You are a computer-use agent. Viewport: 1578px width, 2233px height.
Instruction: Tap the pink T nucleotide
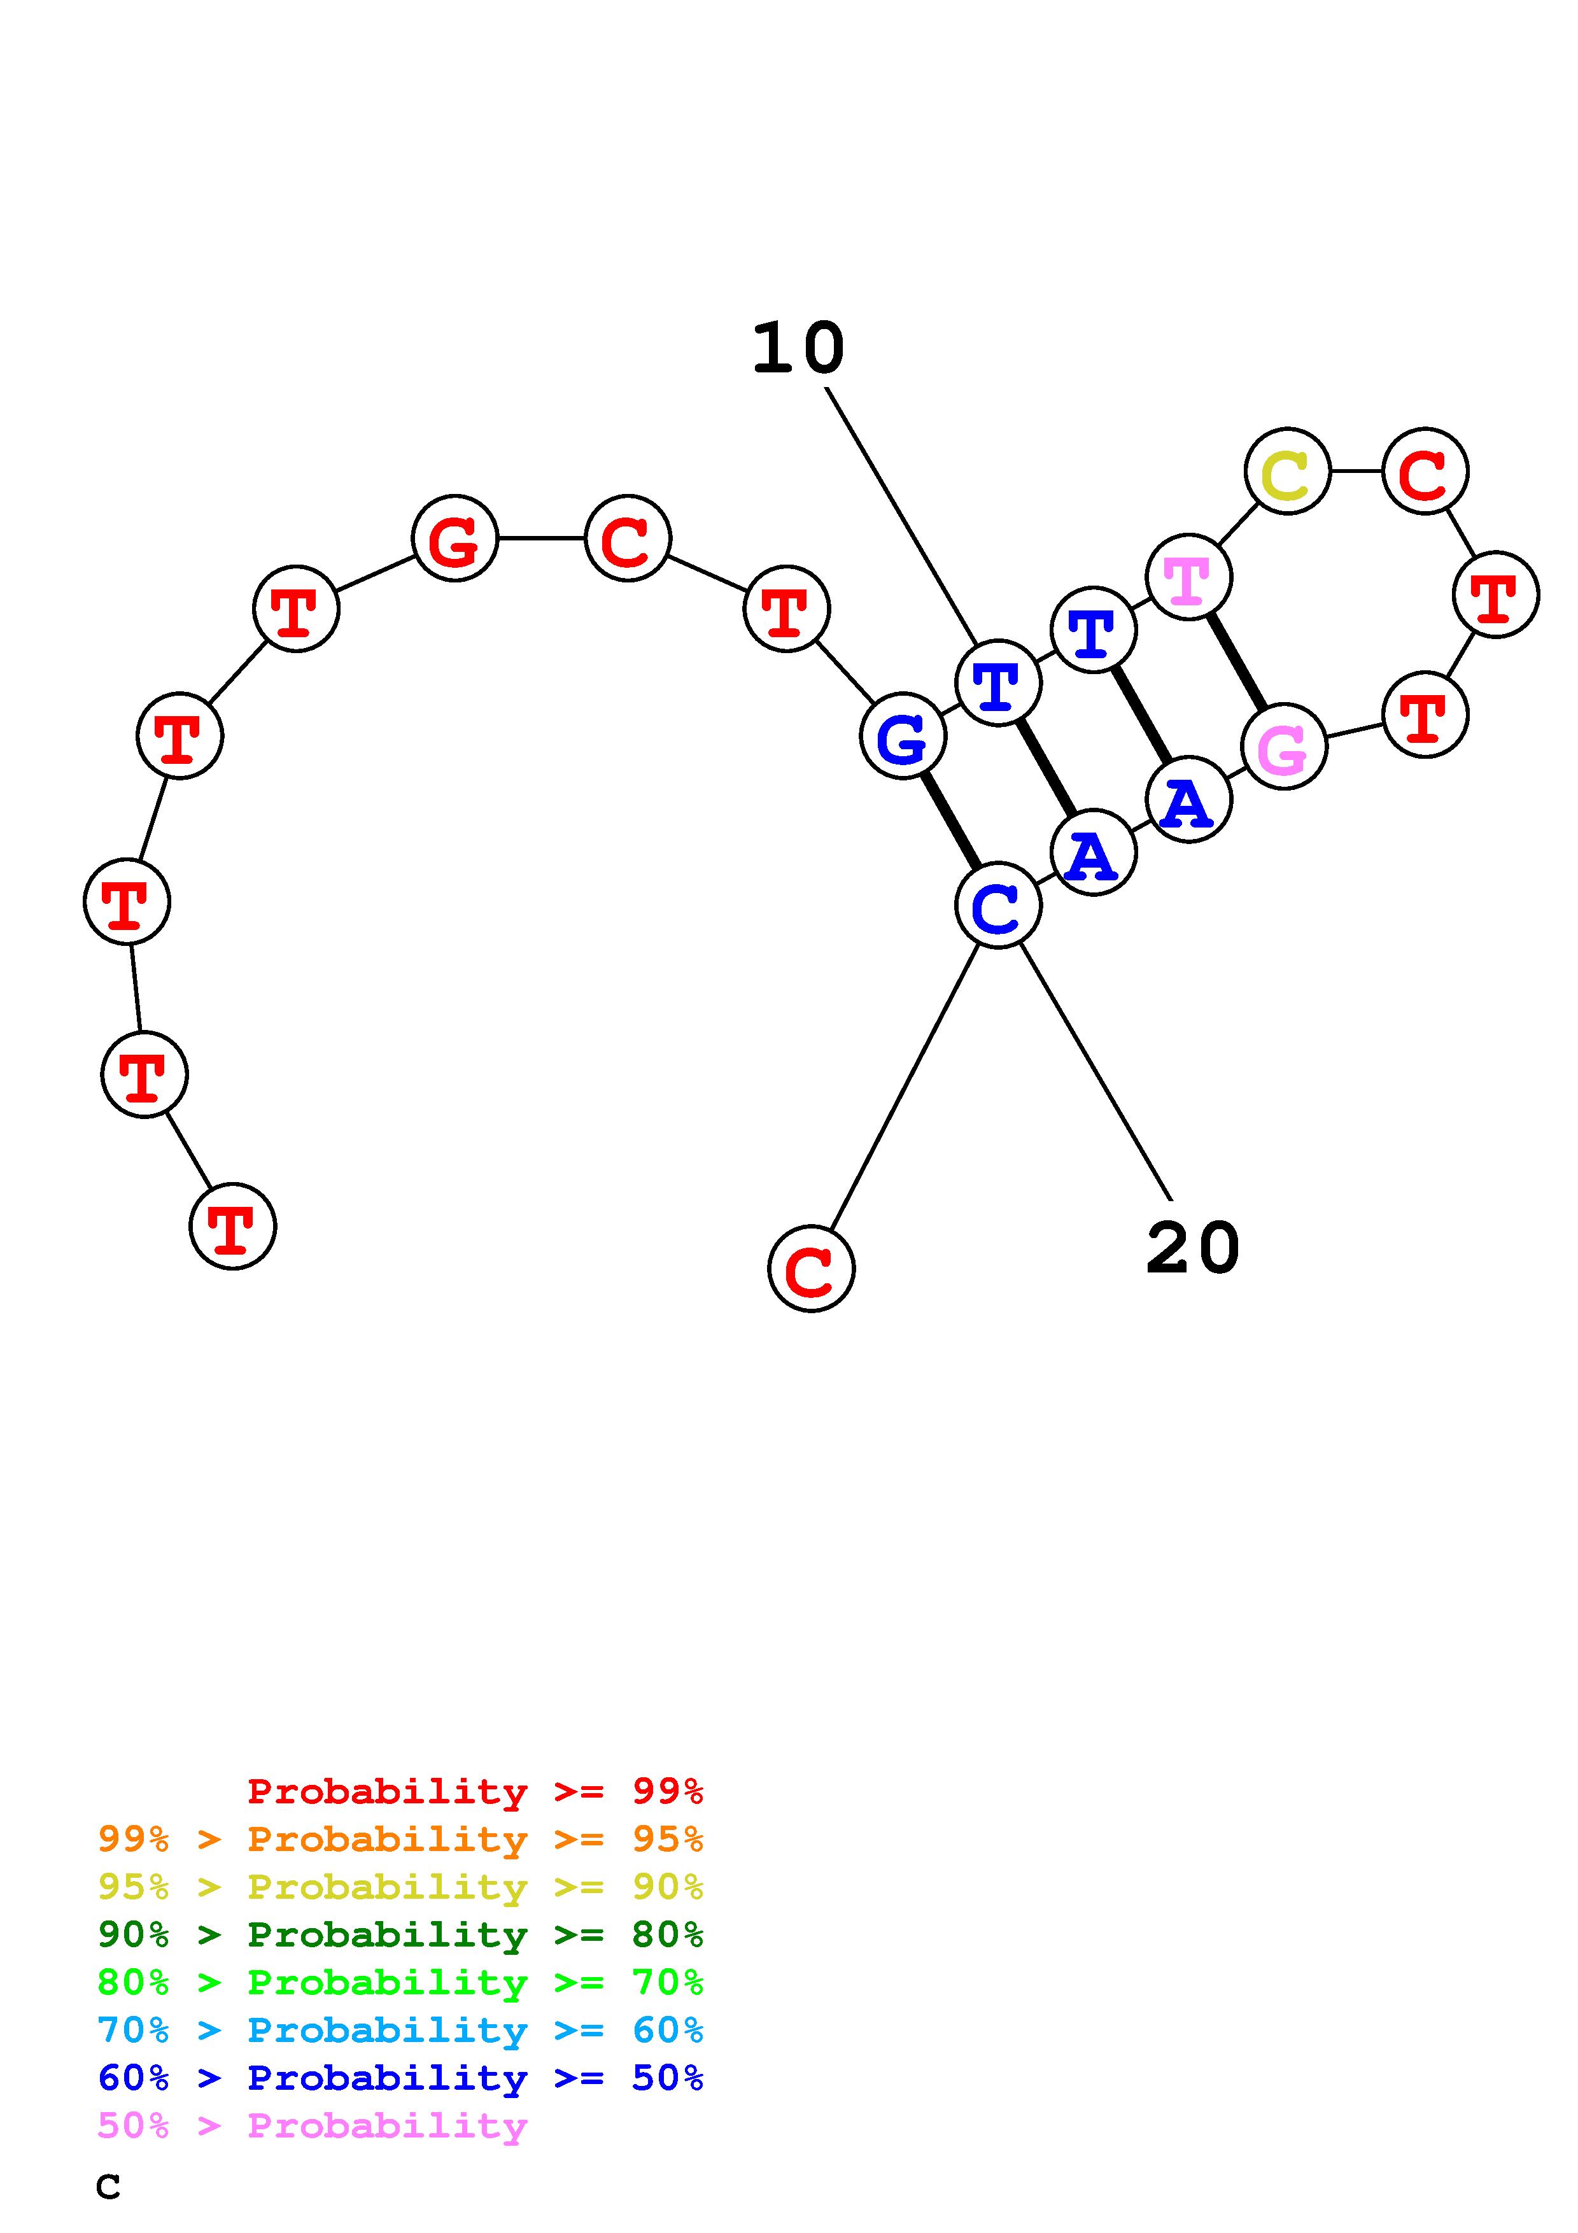(x=1188, y=578)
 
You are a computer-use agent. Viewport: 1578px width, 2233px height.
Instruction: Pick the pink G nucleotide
(x=1283, y=747)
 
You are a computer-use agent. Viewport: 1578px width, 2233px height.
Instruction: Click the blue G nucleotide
(x=902, y=736)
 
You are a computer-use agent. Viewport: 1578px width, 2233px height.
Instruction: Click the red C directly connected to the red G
(x=627, y=538)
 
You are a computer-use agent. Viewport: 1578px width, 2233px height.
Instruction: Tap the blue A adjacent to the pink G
(x=1188, y=800)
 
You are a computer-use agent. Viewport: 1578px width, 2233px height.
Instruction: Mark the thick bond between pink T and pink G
(x=1236, y=662)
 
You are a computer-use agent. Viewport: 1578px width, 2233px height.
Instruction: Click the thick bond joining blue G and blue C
(x=950, y=821)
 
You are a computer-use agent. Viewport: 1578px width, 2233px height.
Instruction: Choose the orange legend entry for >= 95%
(x=400, y=1839)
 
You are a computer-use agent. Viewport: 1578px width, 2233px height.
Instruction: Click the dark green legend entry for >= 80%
(x=400, y=1934)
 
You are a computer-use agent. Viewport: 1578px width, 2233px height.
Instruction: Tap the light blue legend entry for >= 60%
(x=400, y=2030)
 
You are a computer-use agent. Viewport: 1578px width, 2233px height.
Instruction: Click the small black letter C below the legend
(x=108, y=2187)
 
